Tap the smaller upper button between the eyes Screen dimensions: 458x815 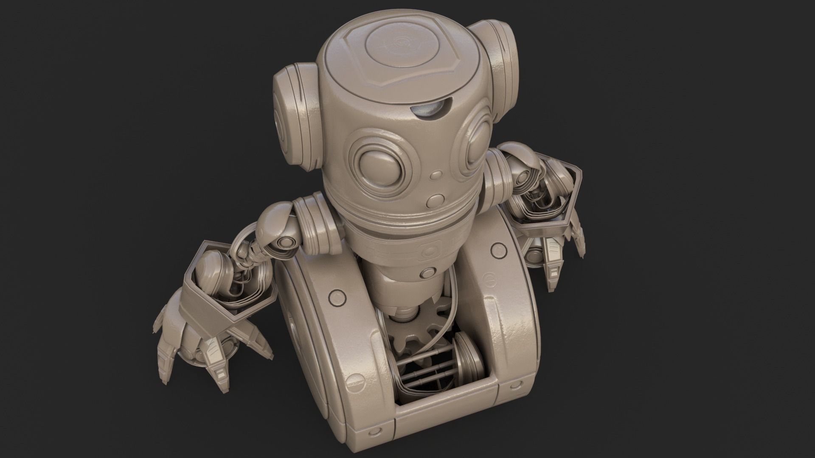(436, 175)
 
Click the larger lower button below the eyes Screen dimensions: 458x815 (436, 200)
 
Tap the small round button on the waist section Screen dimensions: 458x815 (428, 272)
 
